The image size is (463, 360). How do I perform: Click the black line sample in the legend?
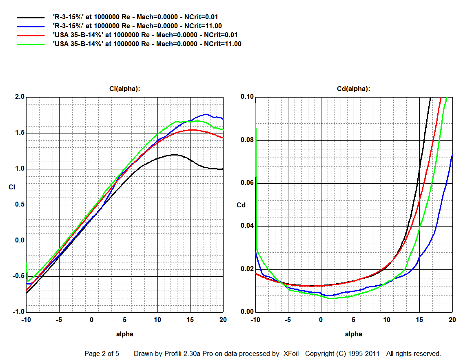point(31,18)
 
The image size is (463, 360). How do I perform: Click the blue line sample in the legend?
point(31,26)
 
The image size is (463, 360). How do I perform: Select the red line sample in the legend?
point(31,35)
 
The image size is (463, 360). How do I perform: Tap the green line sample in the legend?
point(31,44)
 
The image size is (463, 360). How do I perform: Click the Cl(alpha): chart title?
point(125,89)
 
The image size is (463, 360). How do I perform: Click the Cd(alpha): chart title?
point(354,89)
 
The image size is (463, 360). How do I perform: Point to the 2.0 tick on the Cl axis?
point(20,97)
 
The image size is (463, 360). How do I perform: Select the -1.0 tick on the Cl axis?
point(18,312)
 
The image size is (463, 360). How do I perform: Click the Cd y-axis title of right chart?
point(241,205)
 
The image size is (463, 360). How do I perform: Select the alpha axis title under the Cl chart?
point(125,334)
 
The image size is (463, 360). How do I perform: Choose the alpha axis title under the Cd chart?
point(354,334)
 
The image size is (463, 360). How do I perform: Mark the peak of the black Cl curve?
point(175,155)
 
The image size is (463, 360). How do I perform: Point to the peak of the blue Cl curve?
point(206,114)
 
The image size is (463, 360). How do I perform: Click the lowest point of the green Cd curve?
point(330,298)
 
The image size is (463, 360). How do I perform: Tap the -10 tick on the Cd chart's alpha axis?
point(255,320)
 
